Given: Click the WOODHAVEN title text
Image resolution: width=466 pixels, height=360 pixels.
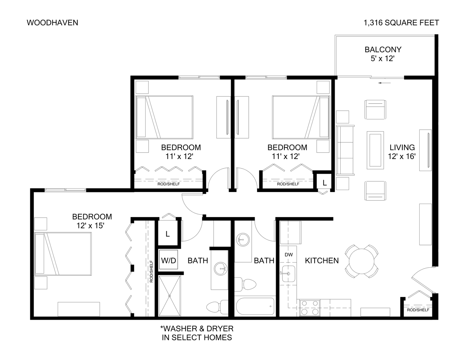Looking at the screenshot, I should [x=52, y=23].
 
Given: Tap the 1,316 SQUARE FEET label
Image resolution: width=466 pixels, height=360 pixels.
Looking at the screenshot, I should [x=401, y=23].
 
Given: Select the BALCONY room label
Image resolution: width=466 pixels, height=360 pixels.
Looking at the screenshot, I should [x=383, y=50].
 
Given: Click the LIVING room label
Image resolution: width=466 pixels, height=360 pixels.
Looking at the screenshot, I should [x=402, y=147].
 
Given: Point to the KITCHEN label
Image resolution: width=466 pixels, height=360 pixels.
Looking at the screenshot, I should [x=322, y=261].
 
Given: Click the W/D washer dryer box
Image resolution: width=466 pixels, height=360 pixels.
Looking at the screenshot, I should [x=168, y=260].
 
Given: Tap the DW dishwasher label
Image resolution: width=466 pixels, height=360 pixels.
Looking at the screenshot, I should [x=289, y=255].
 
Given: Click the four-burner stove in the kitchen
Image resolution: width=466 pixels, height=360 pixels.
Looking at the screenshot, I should [x=310, y=307].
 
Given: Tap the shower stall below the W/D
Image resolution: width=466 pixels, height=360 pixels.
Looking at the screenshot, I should [x=169, y=295].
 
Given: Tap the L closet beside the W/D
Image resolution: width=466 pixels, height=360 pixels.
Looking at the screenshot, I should [x=168, y=234].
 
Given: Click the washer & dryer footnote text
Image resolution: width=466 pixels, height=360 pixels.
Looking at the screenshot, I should [x=197, y=333].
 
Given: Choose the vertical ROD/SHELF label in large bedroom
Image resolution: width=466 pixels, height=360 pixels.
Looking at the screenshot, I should [x=151, y=271].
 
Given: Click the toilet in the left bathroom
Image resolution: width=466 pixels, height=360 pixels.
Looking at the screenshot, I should [x=217, y=306].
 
